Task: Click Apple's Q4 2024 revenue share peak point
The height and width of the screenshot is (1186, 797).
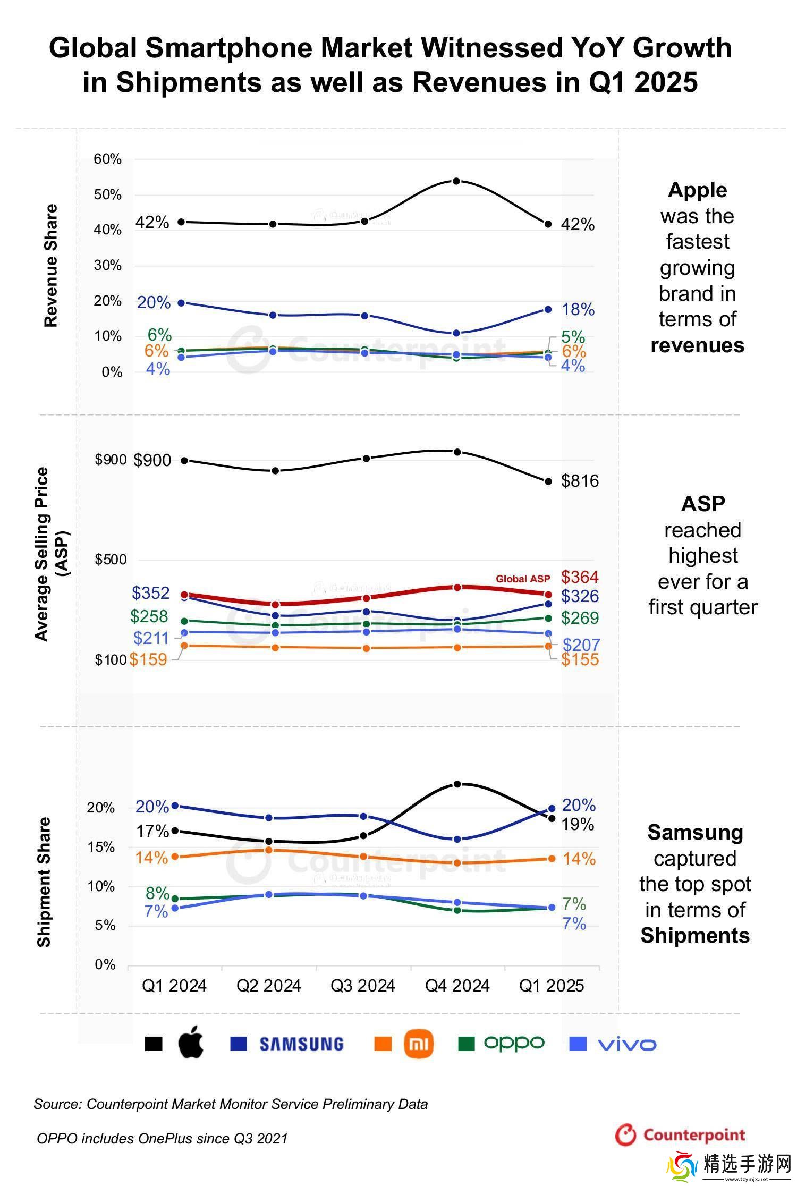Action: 456,181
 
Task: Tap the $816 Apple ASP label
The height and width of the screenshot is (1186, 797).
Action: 580,481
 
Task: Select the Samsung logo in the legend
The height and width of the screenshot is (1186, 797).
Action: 301,1044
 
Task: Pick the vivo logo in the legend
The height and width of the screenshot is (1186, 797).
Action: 627,1044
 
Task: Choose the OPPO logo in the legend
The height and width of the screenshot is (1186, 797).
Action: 514,1043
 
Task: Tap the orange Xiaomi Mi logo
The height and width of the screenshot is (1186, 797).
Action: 419,1044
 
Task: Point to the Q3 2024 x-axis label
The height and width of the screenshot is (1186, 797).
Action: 363,986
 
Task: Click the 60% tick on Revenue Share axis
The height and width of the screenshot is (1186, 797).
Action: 108,159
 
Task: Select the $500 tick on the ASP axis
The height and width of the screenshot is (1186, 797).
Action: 111,560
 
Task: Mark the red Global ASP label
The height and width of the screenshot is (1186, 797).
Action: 523,579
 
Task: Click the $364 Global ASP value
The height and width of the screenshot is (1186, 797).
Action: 580,577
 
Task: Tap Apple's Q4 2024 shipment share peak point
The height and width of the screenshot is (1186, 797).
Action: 456,784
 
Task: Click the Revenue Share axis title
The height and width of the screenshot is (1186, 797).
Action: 50,266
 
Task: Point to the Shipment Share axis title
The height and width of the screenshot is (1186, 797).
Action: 44,882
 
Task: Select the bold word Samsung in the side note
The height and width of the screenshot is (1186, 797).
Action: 695,833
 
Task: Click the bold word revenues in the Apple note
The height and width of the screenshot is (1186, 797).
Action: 697,345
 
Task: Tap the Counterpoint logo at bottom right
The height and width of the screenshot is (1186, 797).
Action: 681,1135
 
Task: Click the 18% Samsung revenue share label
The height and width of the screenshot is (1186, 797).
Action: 578,309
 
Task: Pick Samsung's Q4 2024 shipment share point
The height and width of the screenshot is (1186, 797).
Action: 456,840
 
